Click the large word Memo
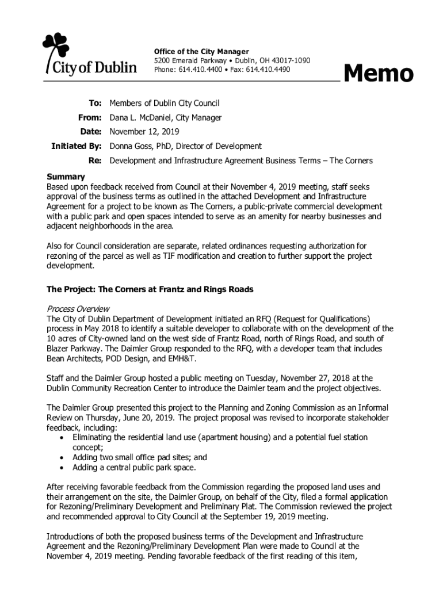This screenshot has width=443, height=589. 378,74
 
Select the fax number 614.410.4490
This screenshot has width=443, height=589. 268,70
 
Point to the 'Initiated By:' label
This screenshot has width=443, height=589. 77,146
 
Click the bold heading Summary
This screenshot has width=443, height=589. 66,177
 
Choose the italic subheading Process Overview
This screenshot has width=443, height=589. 78,309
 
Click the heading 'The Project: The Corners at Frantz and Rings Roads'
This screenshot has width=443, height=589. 150,289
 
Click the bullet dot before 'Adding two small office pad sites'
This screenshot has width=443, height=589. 62,458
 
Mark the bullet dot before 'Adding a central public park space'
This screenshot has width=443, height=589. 62,468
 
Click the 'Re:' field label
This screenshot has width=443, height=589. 95,160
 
